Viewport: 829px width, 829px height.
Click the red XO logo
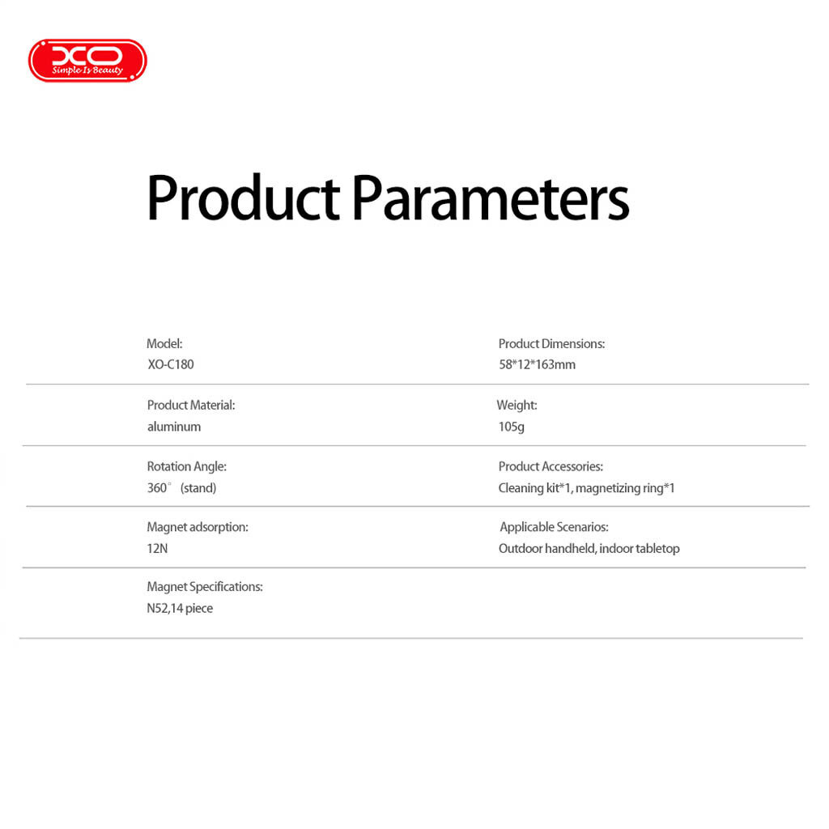87,60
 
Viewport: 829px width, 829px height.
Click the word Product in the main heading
243,198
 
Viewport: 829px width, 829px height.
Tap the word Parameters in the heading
491,198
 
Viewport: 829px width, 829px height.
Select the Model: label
164,343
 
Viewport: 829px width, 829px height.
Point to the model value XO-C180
171,364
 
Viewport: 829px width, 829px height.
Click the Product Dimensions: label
551,343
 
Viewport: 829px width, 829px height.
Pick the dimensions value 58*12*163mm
538,364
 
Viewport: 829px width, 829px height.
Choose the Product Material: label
191,405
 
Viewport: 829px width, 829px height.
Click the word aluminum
174,427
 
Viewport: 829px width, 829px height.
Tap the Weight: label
517,405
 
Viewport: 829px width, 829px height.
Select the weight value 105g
512,427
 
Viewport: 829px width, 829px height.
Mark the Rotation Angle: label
187,466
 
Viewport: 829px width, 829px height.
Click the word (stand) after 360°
198,487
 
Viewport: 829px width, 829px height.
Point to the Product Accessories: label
551,466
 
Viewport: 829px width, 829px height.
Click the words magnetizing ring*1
625,488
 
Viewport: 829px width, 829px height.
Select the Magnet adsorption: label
198,527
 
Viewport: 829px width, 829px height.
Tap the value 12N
157,548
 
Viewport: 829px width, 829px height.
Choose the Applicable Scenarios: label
554,527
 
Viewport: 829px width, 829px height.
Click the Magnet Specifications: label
205,587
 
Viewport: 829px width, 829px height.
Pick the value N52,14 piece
180,609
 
